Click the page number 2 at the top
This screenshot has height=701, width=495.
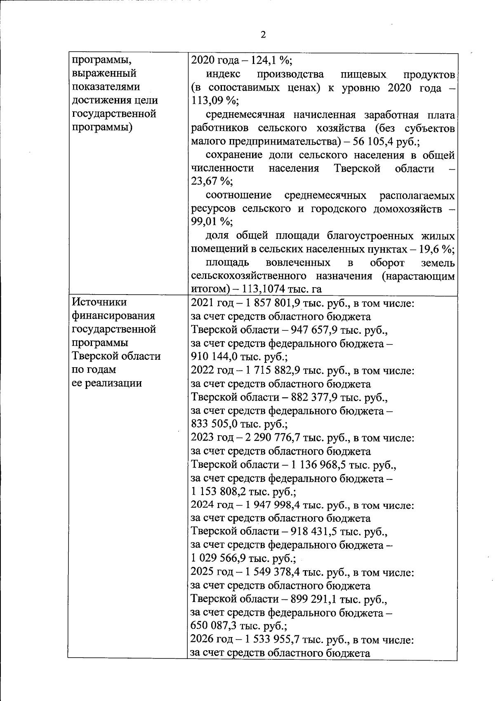click(263, 35)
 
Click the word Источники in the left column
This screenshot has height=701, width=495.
click(99, 302)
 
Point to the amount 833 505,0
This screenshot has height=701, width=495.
click(218, 424)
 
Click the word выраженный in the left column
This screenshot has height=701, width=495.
click(104, 74)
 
